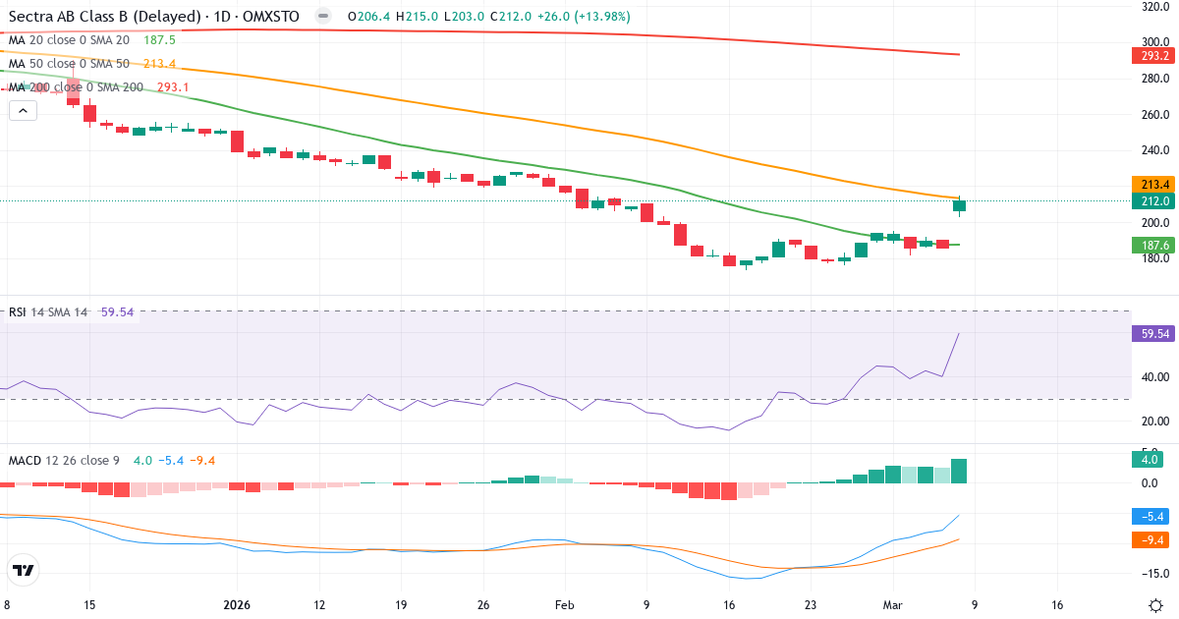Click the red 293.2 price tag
[1154, 55]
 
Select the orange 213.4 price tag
[1154, 184]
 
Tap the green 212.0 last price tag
[1154, 201]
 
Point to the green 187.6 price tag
[1154, 245]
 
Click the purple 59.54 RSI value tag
[1154, 334]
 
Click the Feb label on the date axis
[564, 605]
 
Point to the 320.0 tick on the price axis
[1154, 6]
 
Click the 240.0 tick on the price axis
[1154, 150]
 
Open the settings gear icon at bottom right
[1156, 604]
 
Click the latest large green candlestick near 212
[959, 205]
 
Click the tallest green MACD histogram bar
[959, 471]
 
